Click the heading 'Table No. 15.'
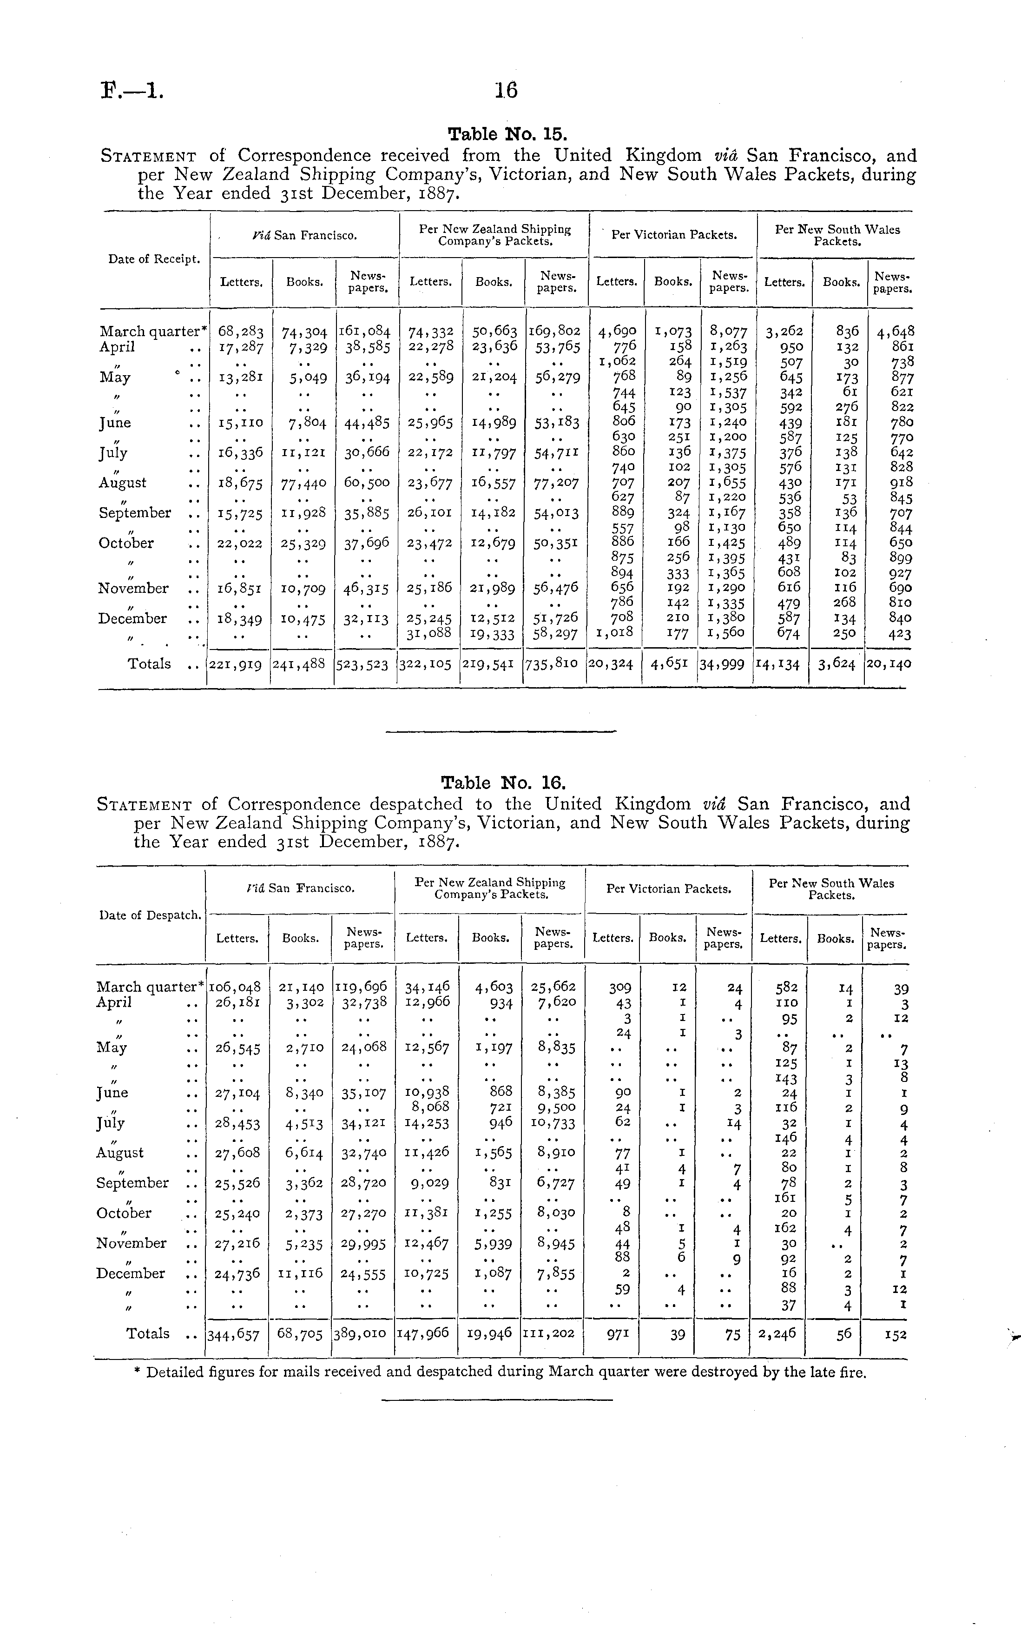504,134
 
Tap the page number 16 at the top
506,90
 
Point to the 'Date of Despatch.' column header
150,915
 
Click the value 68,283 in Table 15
241,332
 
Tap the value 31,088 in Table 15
430,634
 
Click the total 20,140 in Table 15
889,664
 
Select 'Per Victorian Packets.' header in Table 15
674,235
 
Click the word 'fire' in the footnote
854,1372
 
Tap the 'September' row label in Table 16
132,1182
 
